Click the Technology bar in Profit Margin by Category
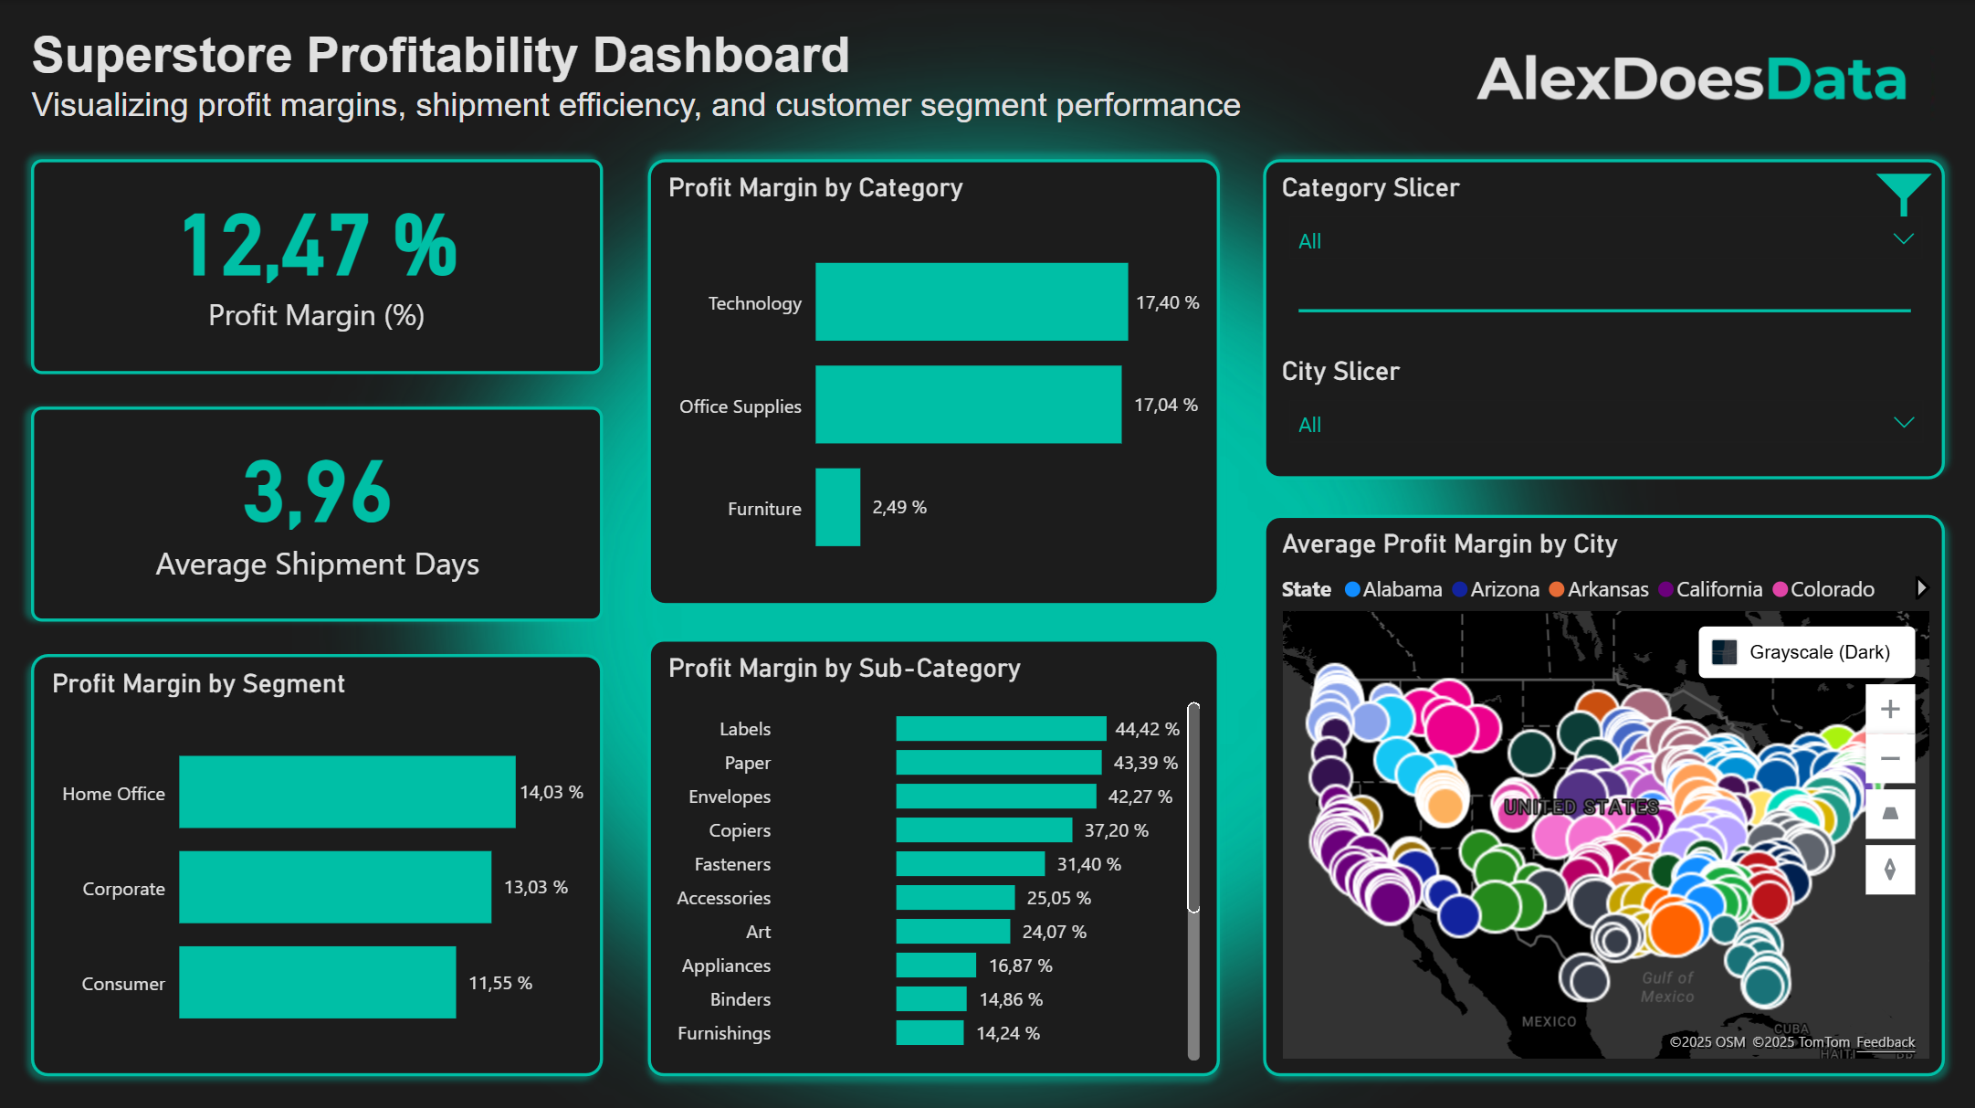point(971,302)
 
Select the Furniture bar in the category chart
point(837,508)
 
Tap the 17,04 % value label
point(1165,405)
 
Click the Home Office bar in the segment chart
point(347,792)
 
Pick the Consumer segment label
point(123,984)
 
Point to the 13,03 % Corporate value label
point(535,887)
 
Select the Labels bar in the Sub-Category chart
point(1000,729)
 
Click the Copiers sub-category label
point(740,830)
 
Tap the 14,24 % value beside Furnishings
point(1007,1033)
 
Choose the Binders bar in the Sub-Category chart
point(930,999)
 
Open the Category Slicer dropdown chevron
point(1903,239)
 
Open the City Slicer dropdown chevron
point(1903,423)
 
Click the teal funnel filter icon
point(1903,192)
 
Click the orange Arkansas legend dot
point(1557,589)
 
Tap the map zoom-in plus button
point(1890,709)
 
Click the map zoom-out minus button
point(1890,759)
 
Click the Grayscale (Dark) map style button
point(1805,652)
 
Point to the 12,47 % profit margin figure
point(319,246)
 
